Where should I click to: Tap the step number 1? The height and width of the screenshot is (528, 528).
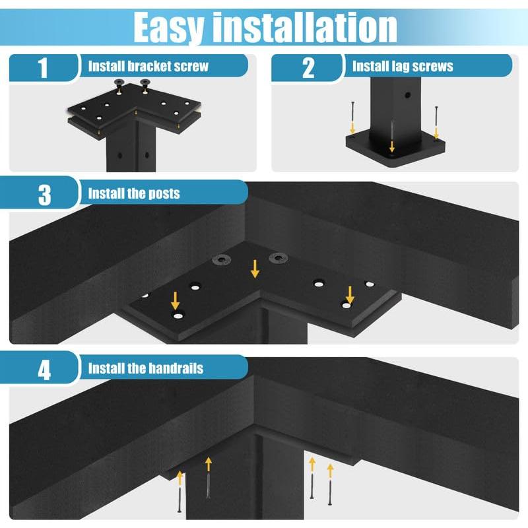(x=44, y=67)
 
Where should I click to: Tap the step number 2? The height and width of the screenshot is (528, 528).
(x=308, y=67)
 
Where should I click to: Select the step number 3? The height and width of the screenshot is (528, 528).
(x=44, y=195)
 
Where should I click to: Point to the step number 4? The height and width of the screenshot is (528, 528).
(x=44, y=369)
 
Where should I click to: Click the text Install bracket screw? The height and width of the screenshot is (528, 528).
(x=148, y=66)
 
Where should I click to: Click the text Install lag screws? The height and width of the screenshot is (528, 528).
(x=403, y=66)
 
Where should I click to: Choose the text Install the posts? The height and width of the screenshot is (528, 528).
(x=133, y=194)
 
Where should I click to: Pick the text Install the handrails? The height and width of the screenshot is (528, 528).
(x=146, y=368)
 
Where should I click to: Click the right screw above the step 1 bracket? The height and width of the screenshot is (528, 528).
(x=145, y=85)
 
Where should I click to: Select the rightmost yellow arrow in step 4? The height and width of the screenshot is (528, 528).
(x=330, y=471)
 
